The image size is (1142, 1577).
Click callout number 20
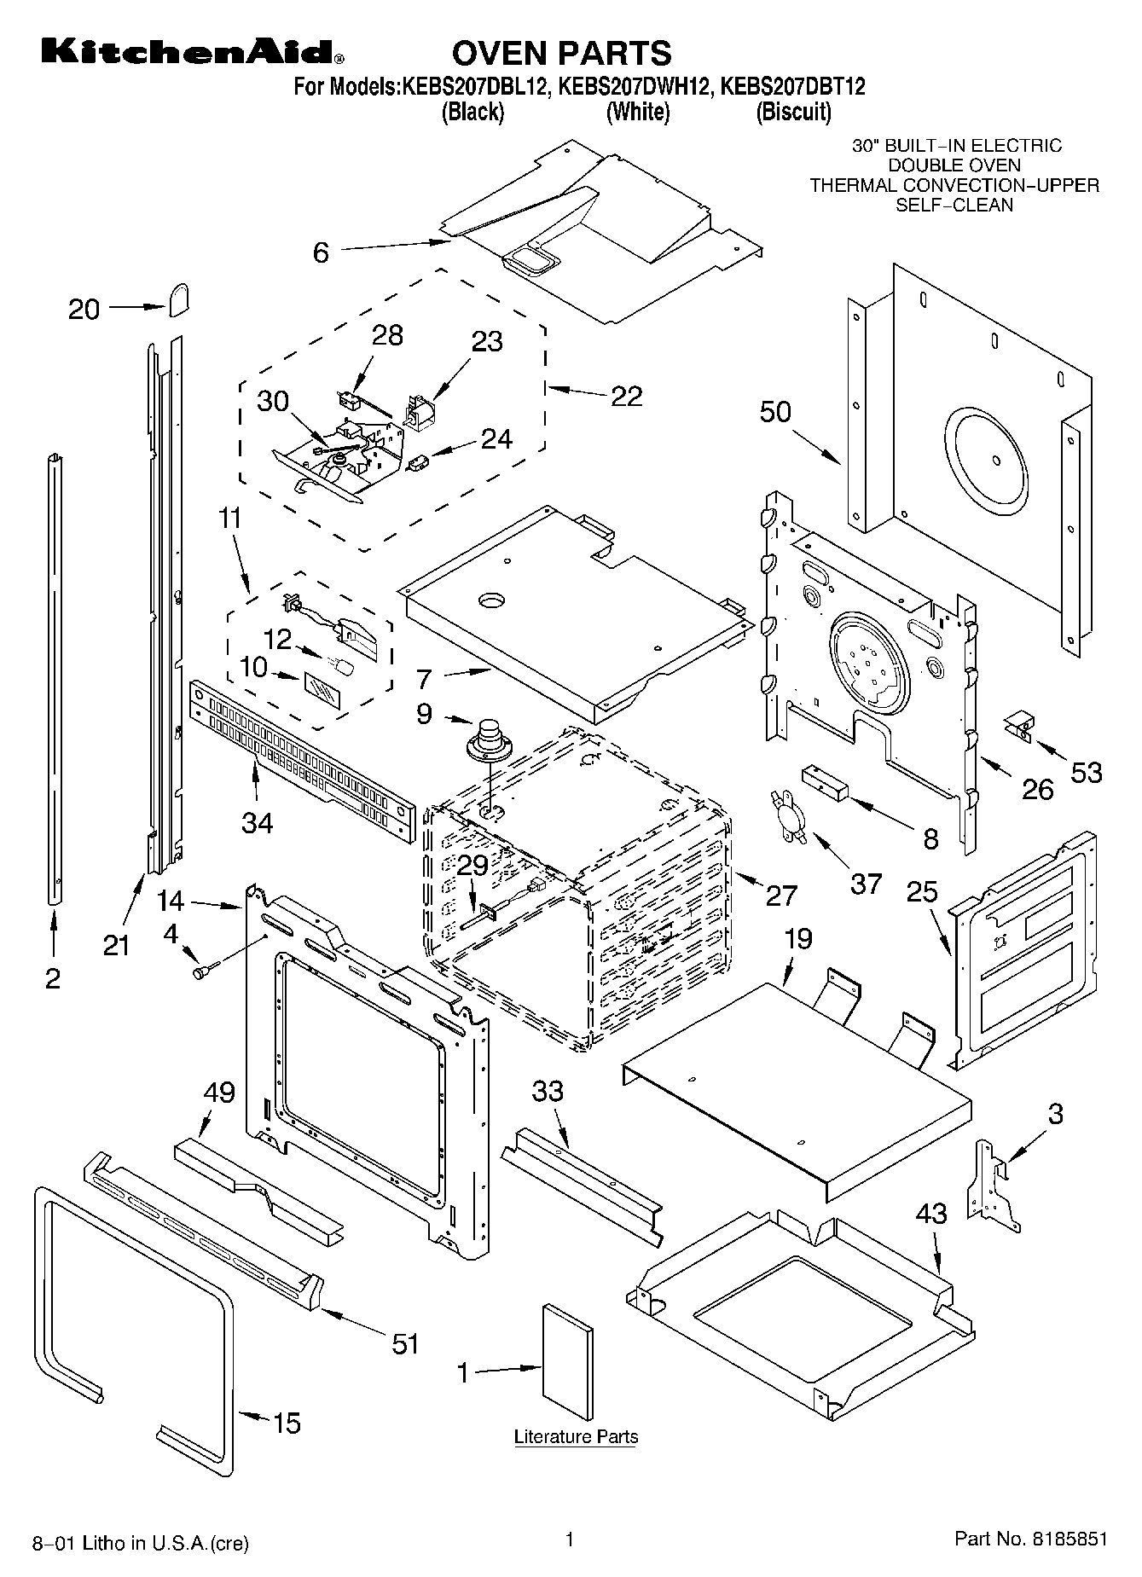[x=84, y=309]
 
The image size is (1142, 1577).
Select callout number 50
[x=775, y=412]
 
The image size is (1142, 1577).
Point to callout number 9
[x=424, y=713]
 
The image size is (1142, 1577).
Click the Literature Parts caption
[x=576, y=1437]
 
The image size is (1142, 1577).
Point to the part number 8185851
[x=1070, y=1539]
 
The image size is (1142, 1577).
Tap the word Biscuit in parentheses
[x=793, y=112]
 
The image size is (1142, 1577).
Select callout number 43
[x=931, y=1213]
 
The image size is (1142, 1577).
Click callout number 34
[x=258, y=822]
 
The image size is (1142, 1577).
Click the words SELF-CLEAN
[x=954, y=205]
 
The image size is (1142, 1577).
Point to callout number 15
[x=287, y=1423]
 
